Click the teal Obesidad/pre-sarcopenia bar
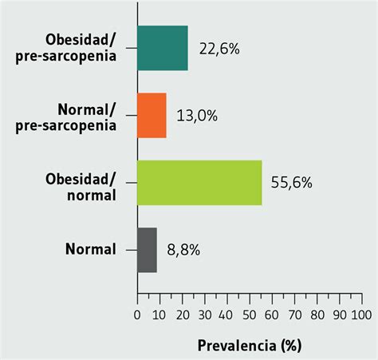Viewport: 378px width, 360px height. tap(163, 48)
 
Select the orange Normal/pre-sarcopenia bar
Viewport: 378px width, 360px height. tap(152, 116)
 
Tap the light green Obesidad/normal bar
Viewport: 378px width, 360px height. tap(199, 183)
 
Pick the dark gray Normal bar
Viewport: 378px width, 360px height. tap(147, 250)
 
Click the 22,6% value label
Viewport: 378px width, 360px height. tap(219, 49)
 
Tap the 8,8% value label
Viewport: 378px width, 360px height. tap(183, 251)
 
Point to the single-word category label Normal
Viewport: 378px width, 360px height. tap(90, 249)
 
